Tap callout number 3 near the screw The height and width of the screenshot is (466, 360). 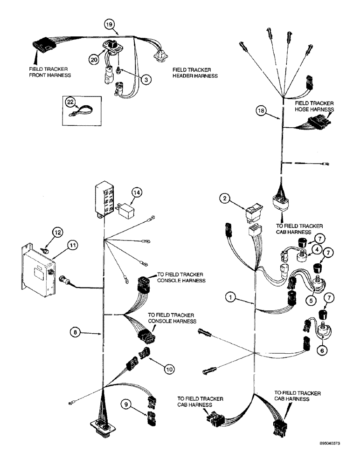[146, 80]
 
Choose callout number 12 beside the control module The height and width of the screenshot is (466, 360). [56, 232]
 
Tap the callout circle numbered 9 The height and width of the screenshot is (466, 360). [126, 404]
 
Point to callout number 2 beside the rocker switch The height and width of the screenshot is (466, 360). [226, 199]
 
